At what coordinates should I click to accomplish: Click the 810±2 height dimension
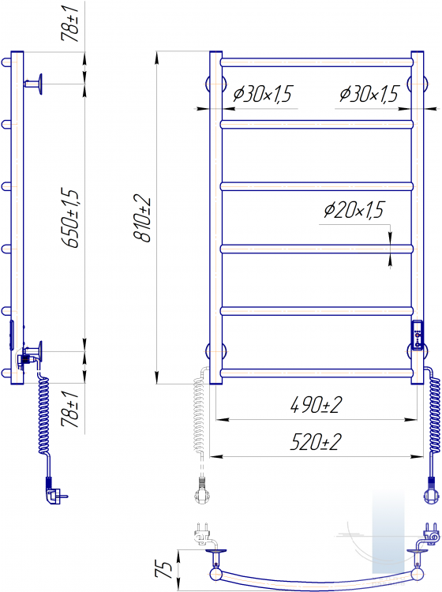click(x=142, y=219)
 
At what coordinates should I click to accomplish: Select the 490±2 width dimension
click(x=317, y=405)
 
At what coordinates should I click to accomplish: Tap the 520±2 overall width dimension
click(x=316, y=442)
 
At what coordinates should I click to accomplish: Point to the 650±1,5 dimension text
click(x=70, y=218)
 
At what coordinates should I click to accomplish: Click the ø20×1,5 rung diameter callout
click(x=354, y=210)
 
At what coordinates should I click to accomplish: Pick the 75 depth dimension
click(x=164, y=569)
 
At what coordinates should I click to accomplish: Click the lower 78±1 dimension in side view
click(x=70, y=409)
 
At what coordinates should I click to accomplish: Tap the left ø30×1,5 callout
click(x=263, y=94)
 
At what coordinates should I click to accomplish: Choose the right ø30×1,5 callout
click(x=369, y=94)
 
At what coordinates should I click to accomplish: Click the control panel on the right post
click(x=418, y=335)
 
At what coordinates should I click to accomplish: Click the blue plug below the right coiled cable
click(x=431, y=490)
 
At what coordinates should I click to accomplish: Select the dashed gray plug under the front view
click(x=201, y=490)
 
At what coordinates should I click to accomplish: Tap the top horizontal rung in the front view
click(x=317, y=62)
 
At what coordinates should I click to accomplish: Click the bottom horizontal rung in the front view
click(x=317, y=373)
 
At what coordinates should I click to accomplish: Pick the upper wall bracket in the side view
click(x=34, y=84)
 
